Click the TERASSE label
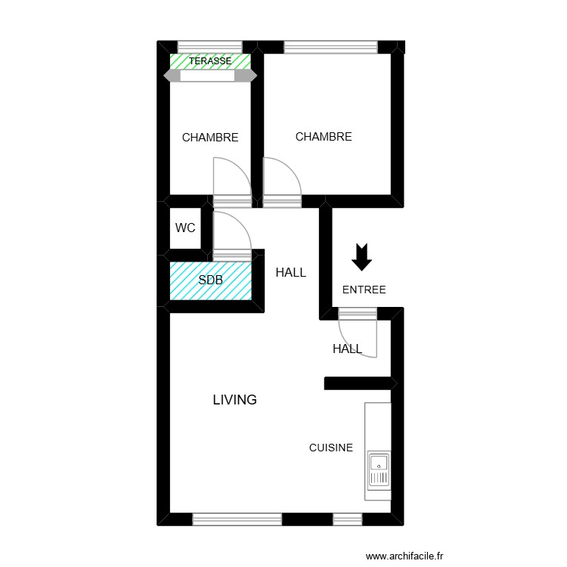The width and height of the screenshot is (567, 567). coord(210,60)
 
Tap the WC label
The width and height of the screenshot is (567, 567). coord(185,228)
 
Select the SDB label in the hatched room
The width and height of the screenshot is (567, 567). coord(210,280)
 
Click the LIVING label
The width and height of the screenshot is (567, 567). coord(234,400)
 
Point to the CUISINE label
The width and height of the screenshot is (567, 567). coord(331,448)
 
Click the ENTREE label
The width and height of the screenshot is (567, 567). coord(364,290)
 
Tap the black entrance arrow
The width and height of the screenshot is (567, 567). coord(363,257)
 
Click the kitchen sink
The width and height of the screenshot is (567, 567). coord(378,469)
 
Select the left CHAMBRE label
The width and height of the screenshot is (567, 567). coord(210,138)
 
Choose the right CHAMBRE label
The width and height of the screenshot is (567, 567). coord(324,137)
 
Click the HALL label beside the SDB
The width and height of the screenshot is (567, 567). coord(291,272)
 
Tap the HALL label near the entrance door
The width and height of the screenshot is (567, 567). coord(347,349)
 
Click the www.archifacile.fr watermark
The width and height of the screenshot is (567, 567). coord(405,556)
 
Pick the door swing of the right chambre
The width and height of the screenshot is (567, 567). coord(281,178)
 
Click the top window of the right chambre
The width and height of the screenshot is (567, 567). coord(330,47)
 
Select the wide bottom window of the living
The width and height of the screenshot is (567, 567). coord(237,519)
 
